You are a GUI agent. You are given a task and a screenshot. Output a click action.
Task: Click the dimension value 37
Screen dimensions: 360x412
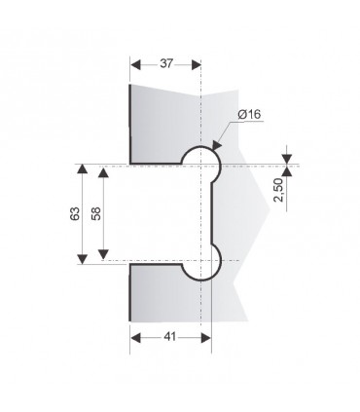[166, 63]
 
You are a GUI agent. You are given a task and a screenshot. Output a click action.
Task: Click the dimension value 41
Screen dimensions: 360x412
[169, 337]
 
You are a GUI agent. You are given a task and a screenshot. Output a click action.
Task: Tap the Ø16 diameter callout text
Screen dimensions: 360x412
[249, 114]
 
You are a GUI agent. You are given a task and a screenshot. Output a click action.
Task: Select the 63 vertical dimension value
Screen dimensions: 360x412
[75, 213]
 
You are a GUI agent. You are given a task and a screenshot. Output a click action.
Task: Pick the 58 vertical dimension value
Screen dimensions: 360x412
[96, 213]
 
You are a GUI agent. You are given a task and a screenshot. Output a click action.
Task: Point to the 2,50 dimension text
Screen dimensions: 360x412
[278, 190]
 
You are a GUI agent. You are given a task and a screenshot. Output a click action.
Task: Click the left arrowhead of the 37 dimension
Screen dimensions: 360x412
[135, 64]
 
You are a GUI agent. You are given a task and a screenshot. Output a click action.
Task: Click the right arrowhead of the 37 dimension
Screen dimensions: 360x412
[197, 64]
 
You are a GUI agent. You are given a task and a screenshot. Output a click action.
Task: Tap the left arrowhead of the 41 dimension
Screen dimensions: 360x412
[135, 338]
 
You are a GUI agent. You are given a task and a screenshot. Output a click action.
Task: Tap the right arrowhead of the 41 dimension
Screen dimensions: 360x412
[206, 338]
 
